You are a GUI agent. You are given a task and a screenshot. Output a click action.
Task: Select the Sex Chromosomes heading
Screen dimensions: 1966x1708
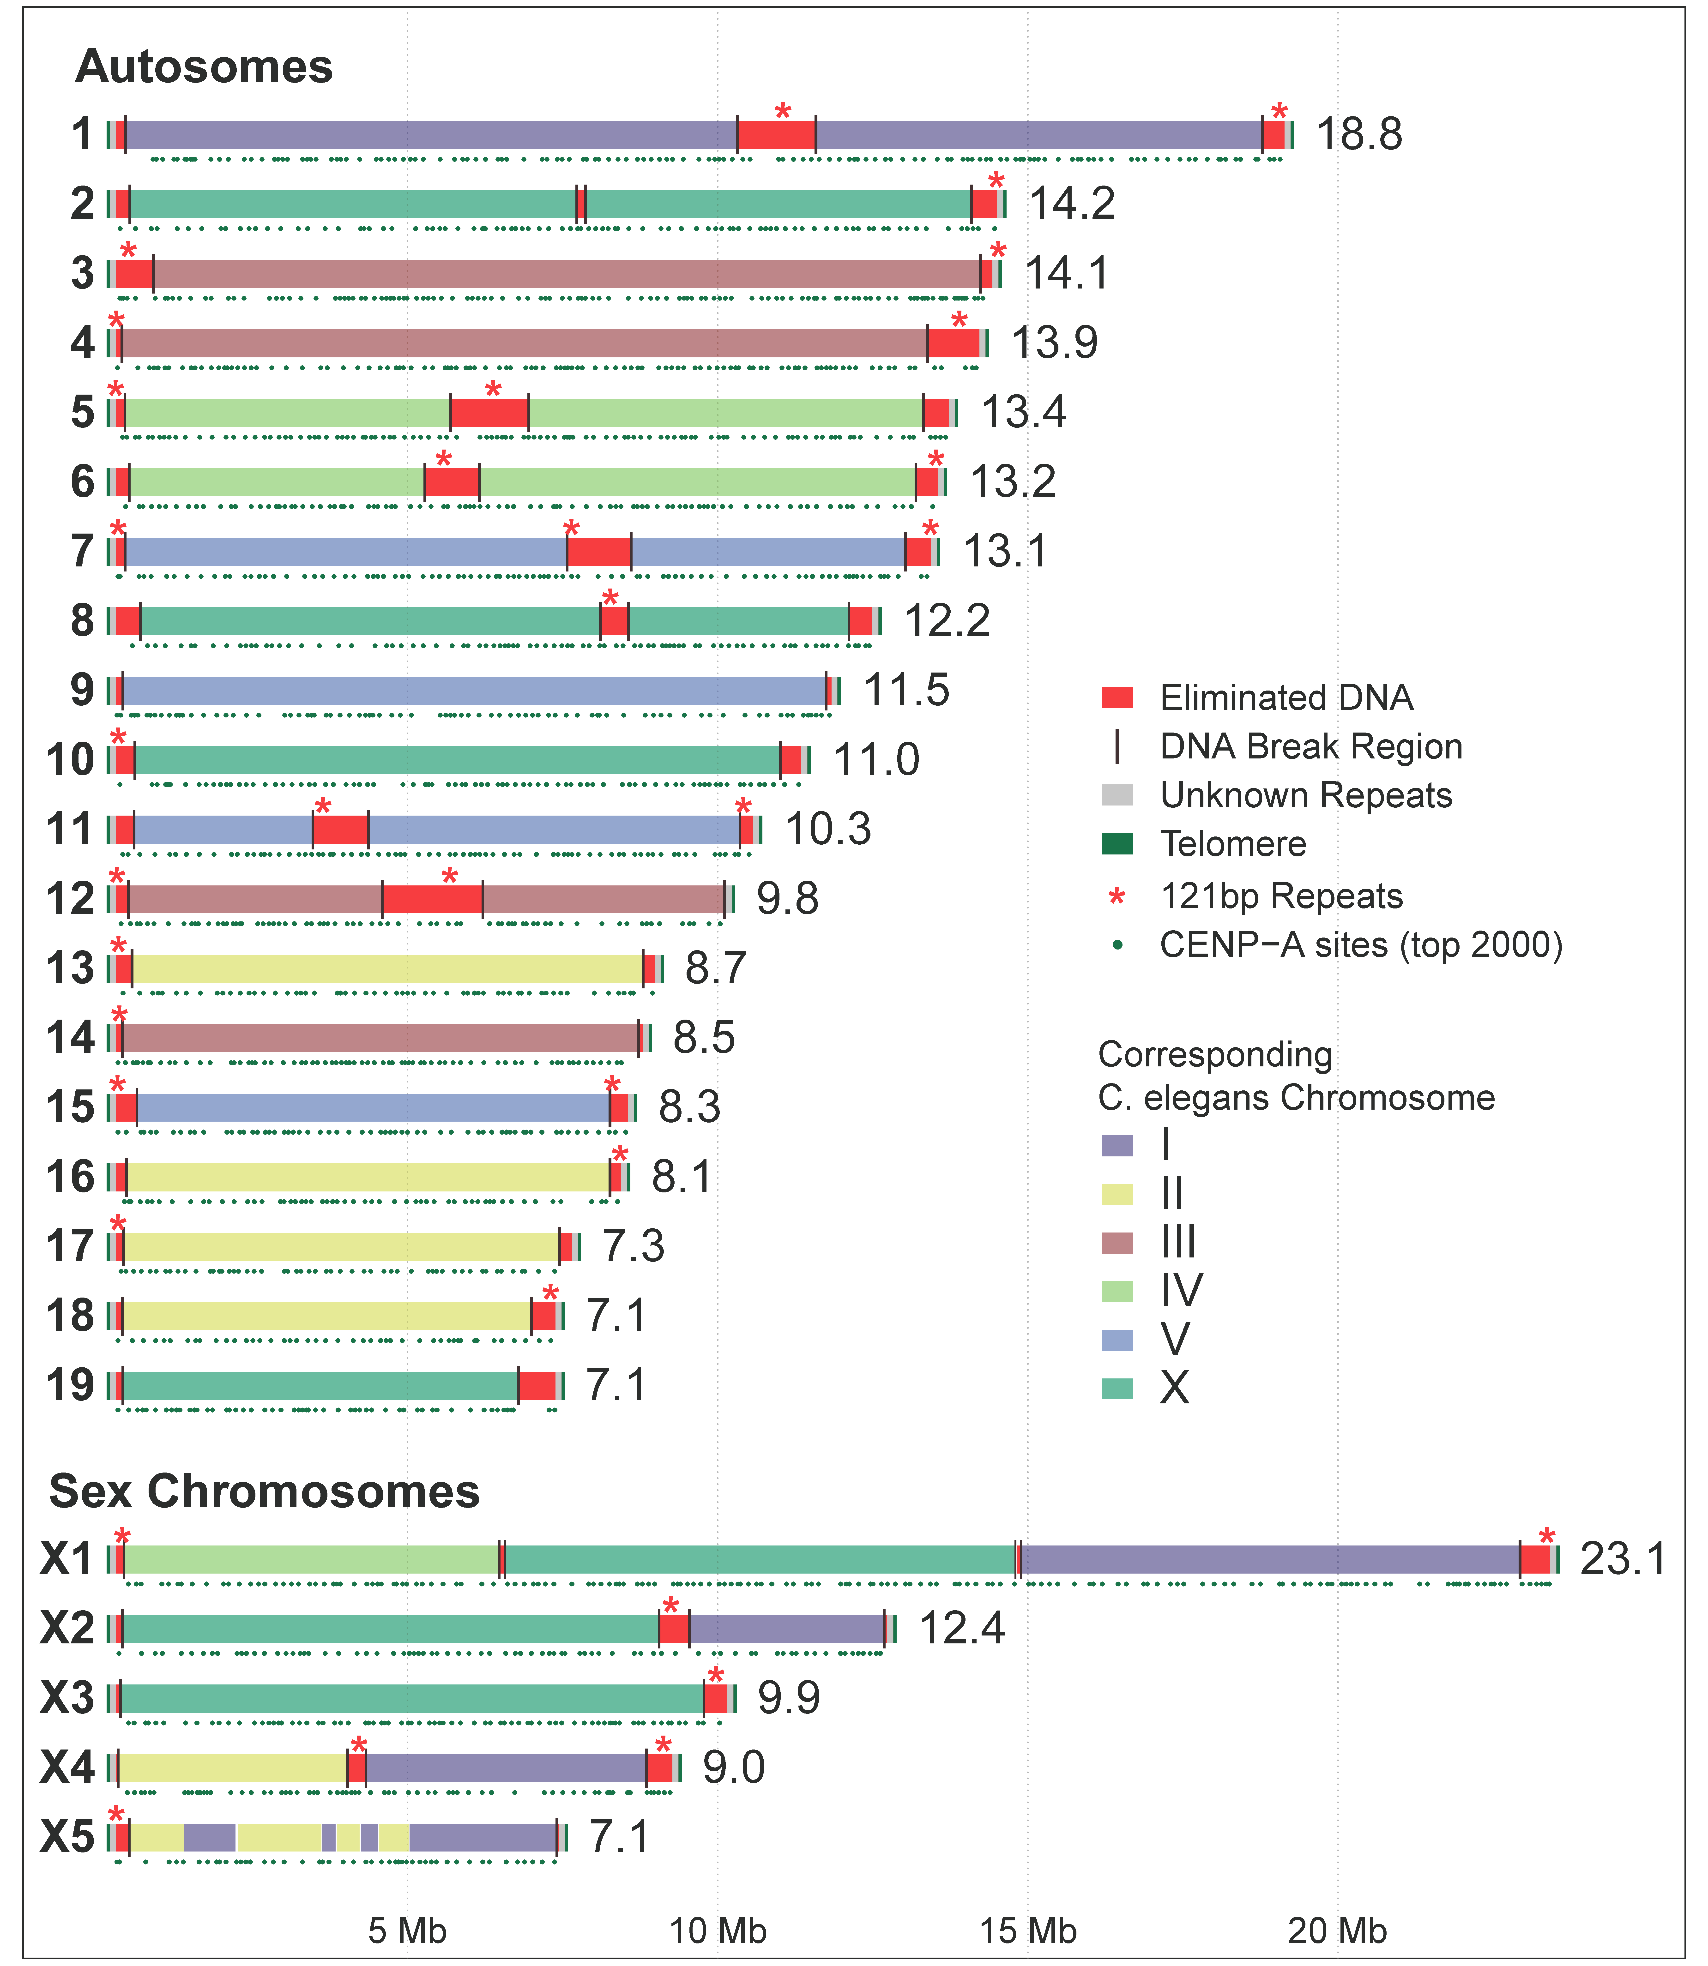264,1491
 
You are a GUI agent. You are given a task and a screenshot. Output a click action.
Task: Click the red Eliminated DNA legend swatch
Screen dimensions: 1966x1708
1117,697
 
